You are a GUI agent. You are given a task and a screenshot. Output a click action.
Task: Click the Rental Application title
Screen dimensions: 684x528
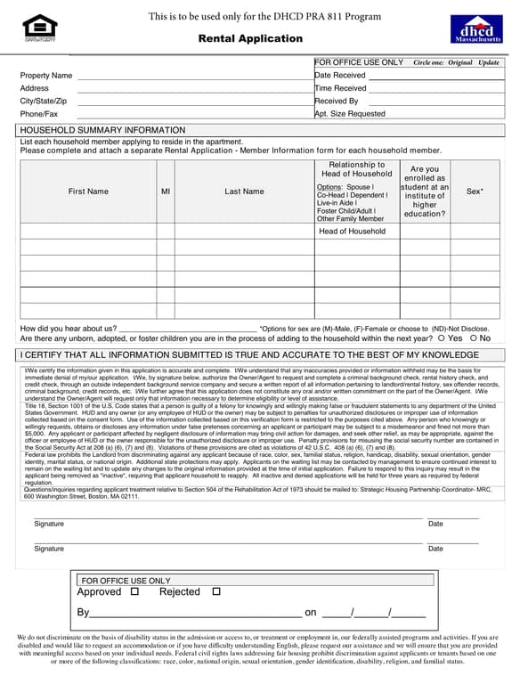pyautogui.click(x=250, y=38)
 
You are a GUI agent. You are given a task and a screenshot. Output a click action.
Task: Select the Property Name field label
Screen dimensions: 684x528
pyautogui.click(x=46, y=76)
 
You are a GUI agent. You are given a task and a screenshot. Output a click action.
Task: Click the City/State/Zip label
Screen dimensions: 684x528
pyautogui.click(x=43, y=102)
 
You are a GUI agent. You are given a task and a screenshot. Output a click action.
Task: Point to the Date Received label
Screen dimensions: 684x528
pyautogui.click(x=340, y=76)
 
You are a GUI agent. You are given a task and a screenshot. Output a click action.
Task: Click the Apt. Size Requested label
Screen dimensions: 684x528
pyautogui.click(x=350, y=114)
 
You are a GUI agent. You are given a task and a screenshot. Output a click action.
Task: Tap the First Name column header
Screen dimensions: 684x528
pyautogui.click(x=88, y=191)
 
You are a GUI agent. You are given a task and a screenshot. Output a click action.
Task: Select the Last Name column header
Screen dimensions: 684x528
pyautogui.click(x=244, y=191)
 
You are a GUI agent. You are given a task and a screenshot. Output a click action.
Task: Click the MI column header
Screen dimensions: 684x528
pyautogui.click(x=166, y=191)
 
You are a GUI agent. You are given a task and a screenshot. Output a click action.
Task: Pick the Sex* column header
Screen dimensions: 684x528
pyautogui.click(x=475, y=191)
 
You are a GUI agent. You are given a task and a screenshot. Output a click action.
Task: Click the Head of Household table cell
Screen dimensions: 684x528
pyautogui.click(x=353, y=232)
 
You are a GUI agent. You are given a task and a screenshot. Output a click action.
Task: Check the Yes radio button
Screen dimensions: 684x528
pyautogui.click(x=442, y=338)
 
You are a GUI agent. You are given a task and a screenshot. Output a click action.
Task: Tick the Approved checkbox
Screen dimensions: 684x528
pyautogui.click(x=134, y=591)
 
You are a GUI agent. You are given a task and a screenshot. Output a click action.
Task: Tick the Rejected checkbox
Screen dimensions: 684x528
pyautogui.click(x=216, y=591)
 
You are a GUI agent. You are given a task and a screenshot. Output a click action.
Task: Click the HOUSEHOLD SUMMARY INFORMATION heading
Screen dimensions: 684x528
pyautogui.click(x=102, y=130)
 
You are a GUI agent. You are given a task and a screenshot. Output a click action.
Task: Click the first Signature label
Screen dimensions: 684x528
pyautogui.click(x=49, y=524)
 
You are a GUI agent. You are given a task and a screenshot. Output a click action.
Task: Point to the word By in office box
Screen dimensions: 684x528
pyautogui.click(x=84, y=613)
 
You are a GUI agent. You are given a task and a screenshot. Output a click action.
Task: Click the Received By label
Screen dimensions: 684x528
pyautogui.click(x=337, y=102)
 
